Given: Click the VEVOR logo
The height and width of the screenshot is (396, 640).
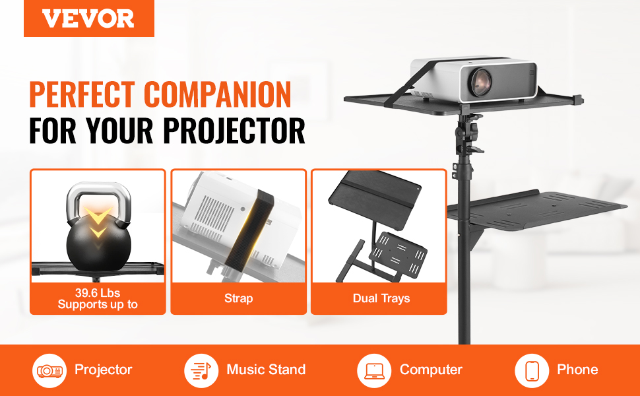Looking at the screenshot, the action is pos(88,18).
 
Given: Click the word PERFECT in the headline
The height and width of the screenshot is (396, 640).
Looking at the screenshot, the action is pos(82,94).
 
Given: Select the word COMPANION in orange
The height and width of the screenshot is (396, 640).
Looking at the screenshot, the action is pos(218,94).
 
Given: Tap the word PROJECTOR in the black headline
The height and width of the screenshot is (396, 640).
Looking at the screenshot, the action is pos(234,131).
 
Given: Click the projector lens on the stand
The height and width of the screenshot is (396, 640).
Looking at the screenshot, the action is pos(481,82).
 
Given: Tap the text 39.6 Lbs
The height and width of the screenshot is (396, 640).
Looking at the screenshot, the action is pos(98,293).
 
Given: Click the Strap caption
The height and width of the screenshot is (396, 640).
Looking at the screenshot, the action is pos(238,298).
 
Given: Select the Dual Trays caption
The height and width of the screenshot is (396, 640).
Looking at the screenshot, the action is pos(381,298).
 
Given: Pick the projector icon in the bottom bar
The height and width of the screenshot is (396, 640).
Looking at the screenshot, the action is pos(49,371).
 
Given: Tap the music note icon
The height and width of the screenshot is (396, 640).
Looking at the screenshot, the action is pos(201,371).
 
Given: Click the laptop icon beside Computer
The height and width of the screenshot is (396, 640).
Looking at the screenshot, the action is pos(374,371).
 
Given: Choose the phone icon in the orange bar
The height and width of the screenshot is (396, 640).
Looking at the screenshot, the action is pos(532,371).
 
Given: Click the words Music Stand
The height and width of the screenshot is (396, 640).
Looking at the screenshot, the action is pos(266,370).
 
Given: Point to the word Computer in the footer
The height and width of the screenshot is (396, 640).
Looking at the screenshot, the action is pos(431,370).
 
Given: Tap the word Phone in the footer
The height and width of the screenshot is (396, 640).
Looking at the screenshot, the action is pos(577,370).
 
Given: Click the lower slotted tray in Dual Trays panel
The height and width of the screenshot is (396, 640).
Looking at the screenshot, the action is pos(399,254).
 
